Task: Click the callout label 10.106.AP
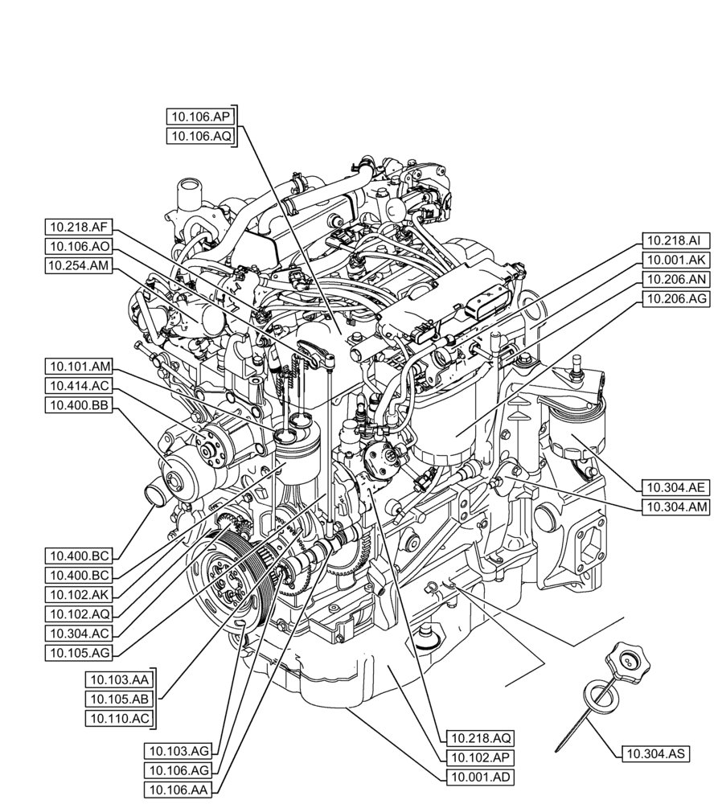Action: (x=201, y=116)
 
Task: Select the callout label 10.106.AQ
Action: (x=201, y=136)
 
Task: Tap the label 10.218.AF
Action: (x=79, y=227)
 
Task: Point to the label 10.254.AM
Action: (x=79, y=266)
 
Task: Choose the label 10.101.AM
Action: (x=79, y=367)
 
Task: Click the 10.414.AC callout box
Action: (x=79, y=386)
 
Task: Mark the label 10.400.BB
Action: (x=79, y=406)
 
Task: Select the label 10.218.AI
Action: (x=675, y=240)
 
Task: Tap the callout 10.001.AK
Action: (x=675, y=260)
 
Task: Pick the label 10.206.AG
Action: (x=675, y=299)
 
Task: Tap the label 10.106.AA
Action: (x=178, y=790)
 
